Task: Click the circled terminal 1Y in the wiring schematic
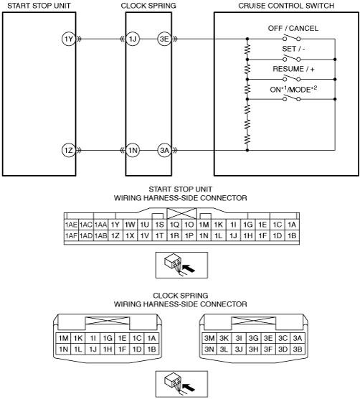(x=69, y=39)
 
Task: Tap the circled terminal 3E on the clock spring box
(x=164, y=39)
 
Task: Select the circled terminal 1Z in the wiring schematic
(x=69, y=150)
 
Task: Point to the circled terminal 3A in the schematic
(x=164, y=150)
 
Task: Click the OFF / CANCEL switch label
(x=293, y=28)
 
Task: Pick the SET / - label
(x=293, y=49)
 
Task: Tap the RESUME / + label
(x=293, y=69)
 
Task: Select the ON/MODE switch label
(x=293, y=89)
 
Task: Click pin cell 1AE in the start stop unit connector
(x=71, y=225)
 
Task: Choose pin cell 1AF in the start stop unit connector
(x=71, y=235)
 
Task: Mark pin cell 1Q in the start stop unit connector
(x=174, y=225)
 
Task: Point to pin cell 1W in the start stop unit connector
(x=130, y=225)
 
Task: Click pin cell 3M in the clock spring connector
(x=209, y=338)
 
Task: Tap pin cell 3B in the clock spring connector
(x=298, y=349)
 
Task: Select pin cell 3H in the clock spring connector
(x=253, y=349)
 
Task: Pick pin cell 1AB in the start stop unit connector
(x=100, y=235)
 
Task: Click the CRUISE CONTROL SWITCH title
(x=286, y=6)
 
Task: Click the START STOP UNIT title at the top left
(x=39, y=6)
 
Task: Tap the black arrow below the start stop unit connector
(x=189, y=268)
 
